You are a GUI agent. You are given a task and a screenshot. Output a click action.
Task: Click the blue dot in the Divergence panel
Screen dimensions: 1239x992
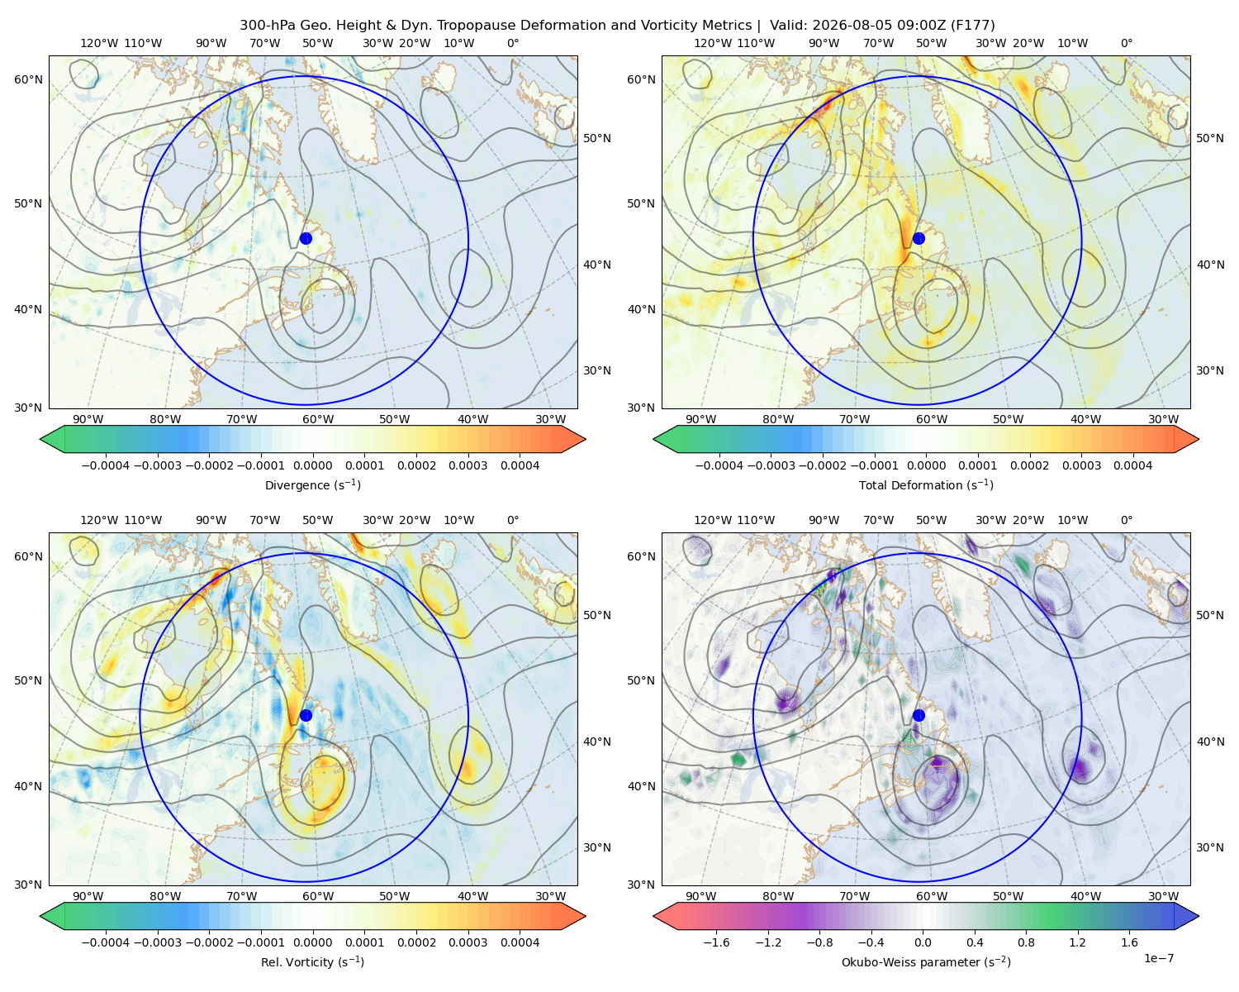(306, 238)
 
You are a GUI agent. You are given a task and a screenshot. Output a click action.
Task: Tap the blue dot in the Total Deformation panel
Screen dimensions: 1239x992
(919, 238)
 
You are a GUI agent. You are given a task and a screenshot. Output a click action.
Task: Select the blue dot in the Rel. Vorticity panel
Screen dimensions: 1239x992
(306, 715)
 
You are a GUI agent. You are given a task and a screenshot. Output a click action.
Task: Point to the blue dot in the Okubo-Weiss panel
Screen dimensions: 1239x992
(919, 715)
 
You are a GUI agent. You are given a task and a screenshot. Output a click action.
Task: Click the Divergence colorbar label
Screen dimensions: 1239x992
(312, 484)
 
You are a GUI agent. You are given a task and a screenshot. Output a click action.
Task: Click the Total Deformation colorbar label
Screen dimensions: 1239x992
(926, 484)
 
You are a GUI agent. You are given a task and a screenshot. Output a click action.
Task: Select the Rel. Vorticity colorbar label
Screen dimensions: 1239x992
(312, 961)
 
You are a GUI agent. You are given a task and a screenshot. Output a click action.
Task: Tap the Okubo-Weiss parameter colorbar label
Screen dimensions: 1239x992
(926, 961)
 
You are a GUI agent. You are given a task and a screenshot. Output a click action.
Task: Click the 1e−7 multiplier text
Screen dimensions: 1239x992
(1158, 958)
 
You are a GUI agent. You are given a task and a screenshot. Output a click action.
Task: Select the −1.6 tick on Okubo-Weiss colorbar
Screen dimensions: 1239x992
(716, 942)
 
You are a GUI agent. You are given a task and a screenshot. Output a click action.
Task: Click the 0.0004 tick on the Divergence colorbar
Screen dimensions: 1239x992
(520, 465)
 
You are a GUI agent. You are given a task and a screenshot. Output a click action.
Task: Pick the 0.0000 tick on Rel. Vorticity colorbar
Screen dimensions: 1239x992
(312, 942)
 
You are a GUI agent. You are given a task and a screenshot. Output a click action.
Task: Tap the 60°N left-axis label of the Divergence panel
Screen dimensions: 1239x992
(28, 79)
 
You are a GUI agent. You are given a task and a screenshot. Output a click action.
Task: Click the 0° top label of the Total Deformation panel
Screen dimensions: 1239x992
(1126, 43)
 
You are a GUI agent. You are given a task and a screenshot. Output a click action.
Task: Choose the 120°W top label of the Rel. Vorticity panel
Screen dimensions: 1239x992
(99, 520)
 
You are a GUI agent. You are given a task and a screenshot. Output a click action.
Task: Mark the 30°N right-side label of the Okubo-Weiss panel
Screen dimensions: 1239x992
(1209, 847)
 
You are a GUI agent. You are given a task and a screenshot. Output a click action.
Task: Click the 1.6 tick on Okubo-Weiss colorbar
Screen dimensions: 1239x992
(1129, 942)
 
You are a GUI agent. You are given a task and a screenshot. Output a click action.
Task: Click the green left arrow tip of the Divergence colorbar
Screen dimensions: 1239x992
(40, 439)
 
